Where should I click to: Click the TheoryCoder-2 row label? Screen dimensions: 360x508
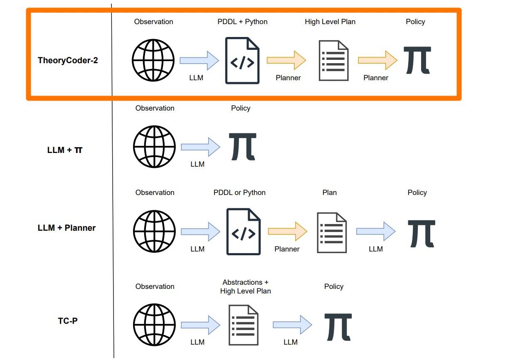coord(68,60)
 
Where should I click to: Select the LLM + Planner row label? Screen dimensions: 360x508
coord(67,228)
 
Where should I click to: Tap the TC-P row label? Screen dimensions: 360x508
coord(68,321)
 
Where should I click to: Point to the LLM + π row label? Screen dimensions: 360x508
coord(65,150)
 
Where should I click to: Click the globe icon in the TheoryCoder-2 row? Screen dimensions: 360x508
coord(153,60)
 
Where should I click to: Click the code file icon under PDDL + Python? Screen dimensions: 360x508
coord(242,61)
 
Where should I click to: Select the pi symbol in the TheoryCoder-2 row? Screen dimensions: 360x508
coord(417,60)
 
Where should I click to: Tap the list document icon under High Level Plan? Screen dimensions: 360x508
coord(333,61)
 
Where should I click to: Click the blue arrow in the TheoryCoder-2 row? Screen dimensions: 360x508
coord(199,61)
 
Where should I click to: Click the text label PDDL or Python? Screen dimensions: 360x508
coord(239,192)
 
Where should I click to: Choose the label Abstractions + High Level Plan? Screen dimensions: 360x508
coord(245,287)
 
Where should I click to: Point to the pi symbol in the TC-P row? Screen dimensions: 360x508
coord(338,326)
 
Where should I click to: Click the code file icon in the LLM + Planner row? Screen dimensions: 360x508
coord(244,232)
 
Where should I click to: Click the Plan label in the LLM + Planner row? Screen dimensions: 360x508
coord(330,192)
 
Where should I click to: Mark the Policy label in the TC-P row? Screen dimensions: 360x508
coord(334,286)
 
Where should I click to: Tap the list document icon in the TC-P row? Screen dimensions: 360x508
coord(244,325)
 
